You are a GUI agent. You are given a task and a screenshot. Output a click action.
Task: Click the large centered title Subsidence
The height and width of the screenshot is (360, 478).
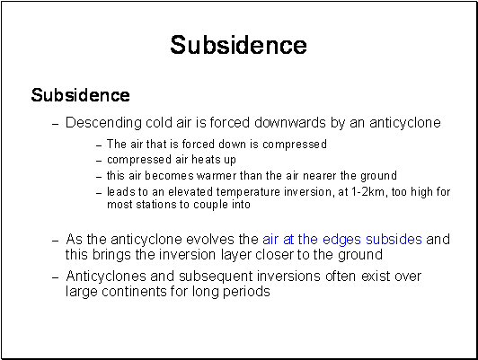click(x=238, y=45)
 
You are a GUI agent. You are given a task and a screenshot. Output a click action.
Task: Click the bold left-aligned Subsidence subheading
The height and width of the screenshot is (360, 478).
click(x=81, y=95)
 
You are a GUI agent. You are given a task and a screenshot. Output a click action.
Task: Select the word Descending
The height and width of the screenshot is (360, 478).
click(x=103, y=123)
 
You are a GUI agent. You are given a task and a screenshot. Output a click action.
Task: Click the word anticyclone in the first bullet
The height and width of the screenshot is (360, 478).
click(x=405, y=123)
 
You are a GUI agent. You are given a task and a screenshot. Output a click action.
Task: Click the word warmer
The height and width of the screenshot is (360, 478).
click(x=217, y=176)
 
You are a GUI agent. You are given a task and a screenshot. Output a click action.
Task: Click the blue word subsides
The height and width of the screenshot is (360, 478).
click(x=394, y=240)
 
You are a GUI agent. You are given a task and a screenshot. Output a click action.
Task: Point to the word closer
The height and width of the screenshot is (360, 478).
click(x=274, y=255)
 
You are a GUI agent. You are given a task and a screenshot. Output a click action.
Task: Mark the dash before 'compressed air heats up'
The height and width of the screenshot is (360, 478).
click(x=99, y=161)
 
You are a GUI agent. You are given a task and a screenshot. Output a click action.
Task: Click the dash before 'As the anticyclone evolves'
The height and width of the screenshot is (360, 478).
click(x=55, y=241)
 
